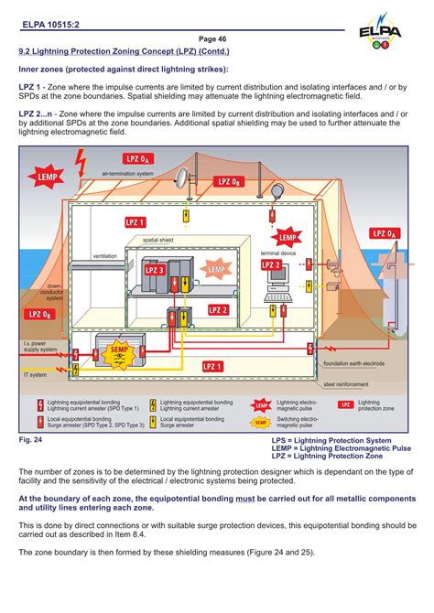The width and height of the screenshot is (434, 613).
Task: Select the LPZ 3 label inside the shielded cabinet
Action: (x=154, y=269)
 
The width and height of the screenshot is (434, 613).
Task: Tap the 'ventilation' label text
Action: (x=105, y=256)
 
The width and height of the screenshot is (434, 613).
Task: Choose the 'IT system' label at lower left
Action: (x=35, y=375)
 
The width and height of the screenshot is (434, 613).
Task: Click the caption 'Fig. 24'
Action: (x=31, y=440)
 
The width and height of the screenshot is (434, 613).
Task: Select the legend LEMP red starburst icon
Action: (x=262, y=404)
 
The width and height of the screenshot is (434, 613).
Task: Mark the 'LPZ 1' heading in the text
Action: (x=31, y=85)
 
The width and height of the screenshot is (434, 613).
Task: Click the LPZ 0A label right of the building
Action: (x=385, y=234)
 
